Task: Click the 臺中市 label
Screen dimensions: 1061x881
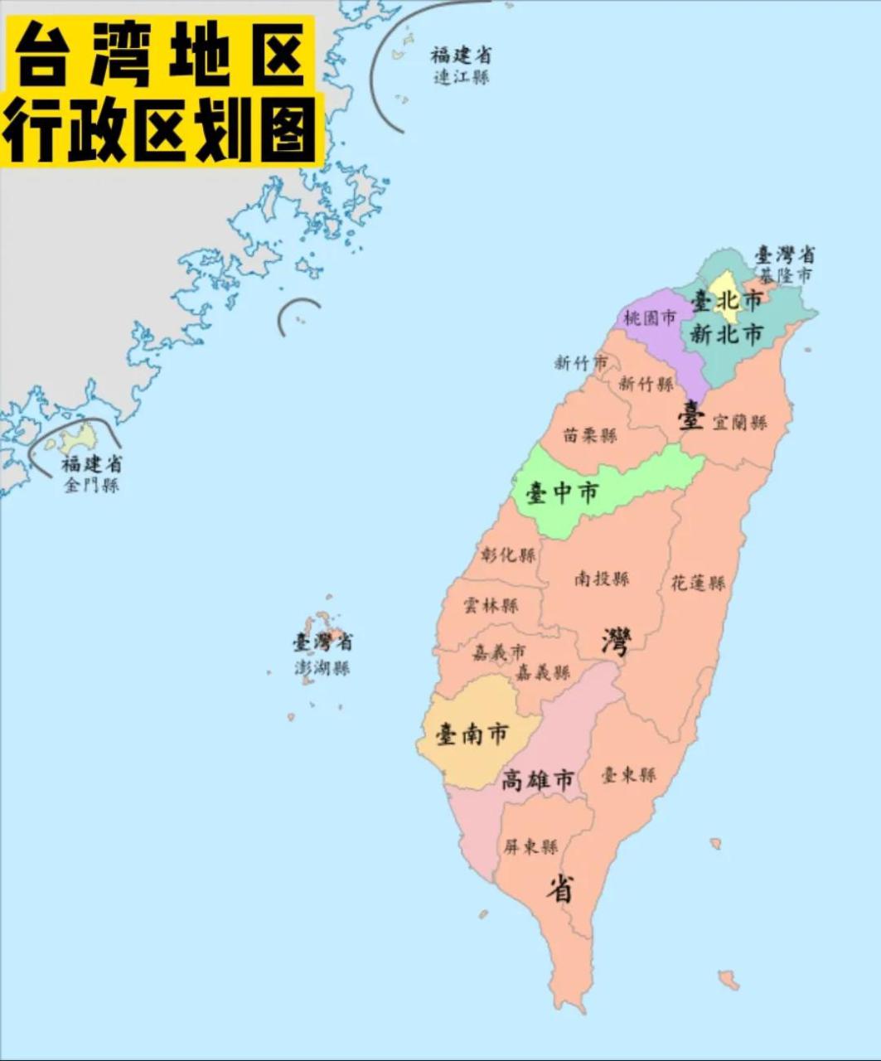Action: coord(562,494)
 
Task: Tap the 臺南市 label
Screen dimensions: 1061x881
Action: coord(472,734)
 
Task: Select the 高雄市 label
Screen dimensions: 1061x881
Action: coord(538,780)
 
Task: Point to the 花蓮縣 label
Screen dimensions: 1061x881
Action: coord(698,584)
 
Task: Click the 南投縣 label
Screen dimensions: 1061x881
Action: coord(602,579)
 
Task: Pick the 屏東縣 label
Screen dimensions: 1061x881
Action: coord(530,847)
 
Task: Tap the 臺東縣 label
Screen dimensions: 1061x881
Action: coord(628,775)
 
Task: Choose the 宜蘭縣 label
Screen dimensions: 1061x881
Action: coord(739,423)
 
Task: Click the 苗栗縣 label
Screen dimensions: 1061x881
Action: coord(590,435)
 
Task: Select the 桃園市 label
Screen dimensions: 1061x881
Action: coord(650,317)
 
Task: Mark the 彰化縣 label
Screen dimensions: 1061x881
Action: coord(508,555)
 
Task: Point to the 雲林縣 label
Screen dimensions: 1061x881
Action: coord(491,606)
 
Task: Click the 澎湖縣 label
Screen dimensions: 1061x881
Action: coord(322,668)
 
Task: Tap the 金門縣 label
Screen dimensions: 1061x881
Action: coord(91,485)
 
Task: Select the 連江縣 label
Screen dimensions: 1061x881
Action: coord(461,77)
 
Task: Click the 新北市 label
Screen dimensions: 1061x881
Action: coord(727,335)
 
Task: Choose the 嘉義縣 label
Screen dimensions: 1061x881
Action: coord(543,672)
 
